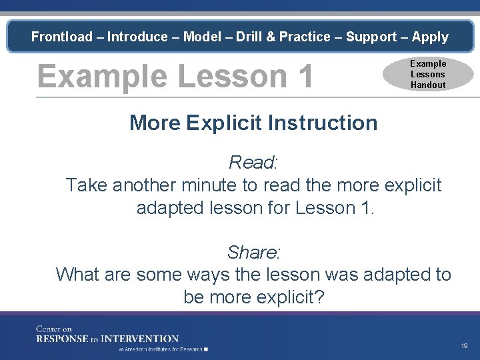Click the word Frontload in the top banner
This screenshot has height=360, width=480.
62,37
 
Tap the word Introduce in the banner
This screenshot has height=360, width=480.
139,37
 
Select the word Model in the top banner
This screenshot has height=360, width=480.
202,37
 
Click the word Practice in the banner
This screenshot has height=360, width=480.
305,37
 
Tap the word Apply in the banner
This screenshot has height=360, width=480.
430,37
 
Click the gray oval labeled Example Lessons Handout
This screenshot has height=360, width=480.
427,74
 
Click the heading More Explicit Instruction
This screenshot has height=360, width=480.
253,123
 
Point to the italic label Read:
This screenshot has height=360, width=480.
253,162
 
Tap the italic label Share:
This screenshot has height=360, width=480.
253,253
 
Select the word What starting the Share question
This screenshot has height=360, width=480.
77,275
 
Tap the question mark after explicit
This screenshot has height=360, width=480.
318,297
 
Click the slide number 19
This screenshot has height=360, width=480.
464,346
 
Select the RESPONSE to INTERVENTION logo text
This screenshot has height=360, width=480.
107,339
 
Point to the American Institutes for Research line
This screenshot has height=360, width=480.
163,349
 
